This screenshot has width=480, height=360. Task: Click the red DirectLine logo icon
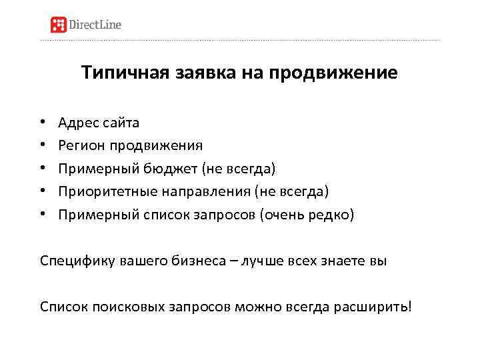(x=59, y=25)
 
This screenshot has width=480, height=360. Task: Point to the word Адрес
(x=76, y=123)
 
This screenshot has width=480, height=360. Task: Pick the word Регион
(x=80, y=145)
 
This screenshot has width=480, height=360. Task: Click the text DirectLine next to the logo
(x=95, y=25)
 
